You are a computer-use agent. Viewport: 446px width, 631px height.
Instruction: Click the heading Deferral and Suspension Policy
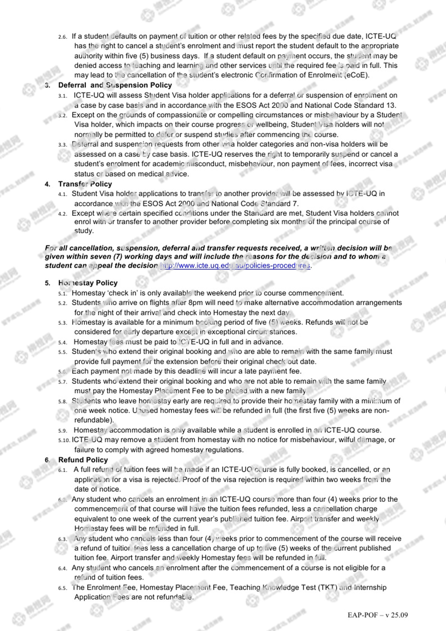click(x=115, y=85)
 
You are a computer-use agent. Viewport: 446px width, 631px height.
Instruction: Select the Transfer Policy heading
click(x=85, y=184)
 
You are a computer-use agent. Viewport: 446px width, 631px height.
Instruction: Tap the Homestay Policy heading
click(x=88, y=283)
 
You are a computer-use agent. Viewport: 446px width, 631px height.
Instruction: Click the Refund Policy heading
click(x=83, y=460)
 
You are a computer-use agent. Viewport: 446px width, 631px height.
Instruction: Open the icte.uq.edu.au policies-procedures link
click(x=235, y=265)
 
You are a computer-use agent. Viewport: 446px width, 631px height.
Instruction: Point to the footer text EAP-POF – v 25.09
click(x=378, y=615)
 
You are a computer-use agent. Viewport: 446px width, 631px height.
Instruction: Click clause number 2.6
click(x=62, y=37)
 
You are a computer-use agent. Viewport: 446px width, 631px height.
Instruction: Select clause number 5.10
click(x=64, y=440)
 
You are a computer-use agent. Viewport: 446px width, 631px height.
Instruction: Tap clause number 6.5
click(x=62, y=588)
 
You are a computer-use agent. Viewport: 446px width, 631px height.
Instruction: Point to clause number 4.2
click(x=62, y=214)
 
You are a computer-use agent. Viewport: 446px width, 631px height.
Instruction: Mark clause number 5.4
click(x=62, y=343)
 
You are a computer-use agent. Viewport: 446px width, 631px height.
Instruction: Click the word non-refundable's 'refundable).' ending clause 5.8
click(x=94, y=420)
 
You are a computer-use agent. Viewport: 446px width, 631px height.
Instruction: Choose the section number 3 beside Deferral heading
click(x=47, y=85)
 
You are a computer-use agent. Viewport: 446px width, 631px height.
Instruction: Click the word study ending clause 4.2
click(x=84, y=231)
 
